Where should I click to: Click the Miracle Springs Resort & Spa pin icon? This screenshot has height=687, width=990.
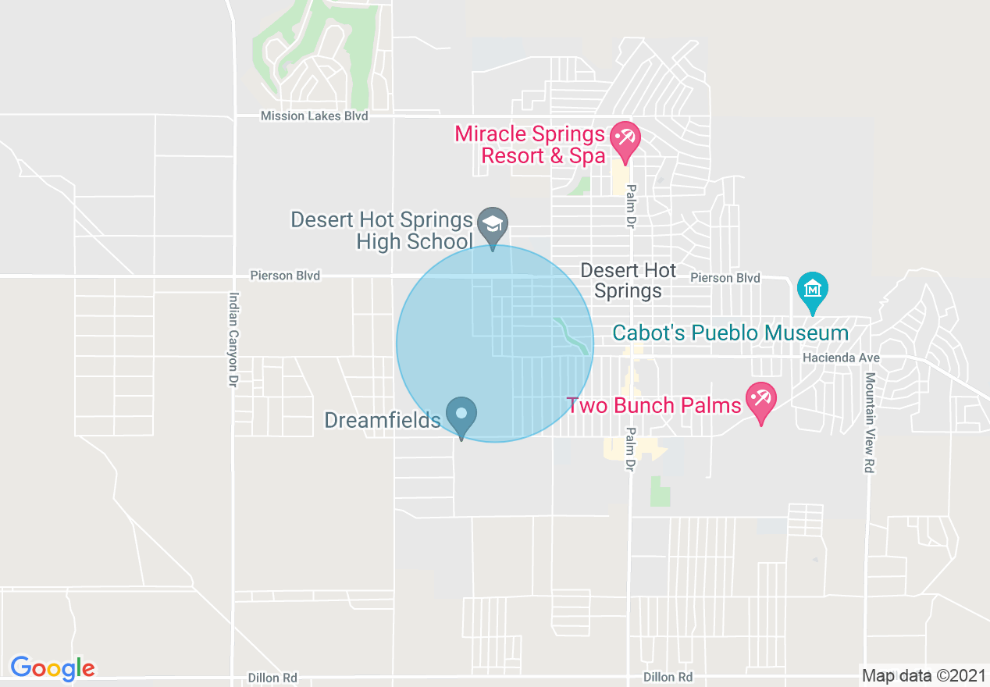(x=625, y=138)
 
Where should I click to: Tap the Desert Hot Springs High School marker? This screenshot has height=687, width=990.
(x=493, y=225)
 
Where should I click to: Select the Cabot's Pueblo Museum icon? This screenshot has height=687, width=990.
(x=813, y=290)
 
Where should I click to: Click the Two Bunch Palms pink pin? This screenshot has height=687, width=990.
(x=760, y=400)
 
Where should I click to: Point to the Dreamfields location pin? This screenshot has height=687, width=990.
(x=461, y=415)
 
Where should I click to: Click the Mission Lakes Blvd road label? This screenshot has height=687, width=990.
(x=314, y=116)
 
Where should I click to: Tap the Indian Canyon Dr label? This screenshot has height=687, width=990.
(x=233, y=340)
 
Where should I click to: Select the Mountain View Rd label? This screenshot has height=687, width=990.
(x=869, y=422)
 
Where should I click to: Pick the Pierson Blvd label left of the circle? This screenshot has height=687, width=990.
(x=285, y=276)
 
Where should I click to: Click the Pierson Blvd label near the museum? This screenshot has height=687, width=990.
(x=725, y=278)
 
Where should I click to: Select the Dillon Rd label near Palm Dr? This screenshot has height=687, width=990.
(x=668, y=677)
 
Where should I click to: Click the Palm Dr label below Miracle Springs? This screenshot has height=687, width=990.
(x=630, y=206)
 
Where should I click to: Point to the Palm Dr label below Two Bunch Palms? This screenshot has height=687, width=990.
(x=630, y=450)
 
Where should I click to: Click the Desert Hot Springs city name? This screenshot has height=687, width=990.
(x=628, y=281)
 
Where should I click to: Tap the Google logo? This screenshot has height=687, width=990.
(x=52, y=668)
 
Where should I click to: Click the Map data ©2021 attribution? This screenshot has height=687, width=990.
(x=924, y=675)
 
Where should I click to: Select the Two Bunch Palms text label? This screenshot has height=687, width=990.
(x=653, y=405)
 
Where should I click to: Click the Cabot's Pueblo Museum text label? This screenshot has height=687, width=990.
(x=730, y=333)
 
